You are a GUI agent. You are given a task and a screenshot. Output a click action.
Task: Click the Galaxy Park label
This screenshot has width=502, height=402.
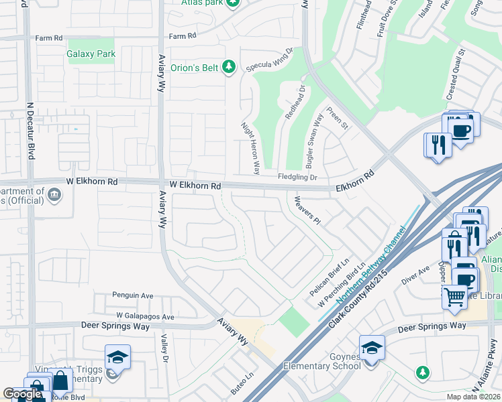coord(91,54)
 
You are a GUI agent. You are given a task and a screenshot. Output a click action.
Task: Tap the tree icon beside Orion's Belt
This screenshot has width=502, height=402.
coord(230,66)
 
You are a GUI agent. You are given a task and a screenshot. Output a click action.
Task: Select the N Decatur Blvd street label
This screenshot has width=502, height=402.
coord(30,130)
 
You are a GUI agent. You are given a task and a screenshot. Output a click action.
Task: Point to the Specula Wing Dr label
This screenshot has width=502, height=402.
coord(270,60)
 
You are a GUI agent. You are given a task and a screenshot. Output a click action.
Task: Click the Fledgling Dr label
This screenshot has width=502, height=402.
coord(297,178)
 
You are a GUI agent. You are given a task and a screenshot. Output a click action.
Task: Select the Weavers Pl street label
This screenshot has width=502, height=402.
coord(306,210)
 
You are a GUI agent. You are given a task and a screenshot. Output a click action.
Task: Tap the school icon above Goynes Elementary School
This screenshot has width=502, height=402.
coord(371,347)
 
